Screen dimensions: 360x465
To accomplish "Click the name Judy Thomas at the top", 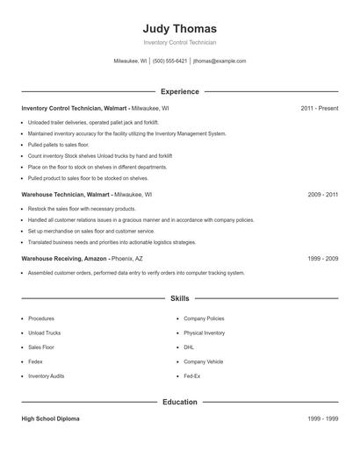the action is pyautogui.click(x=179, y=28).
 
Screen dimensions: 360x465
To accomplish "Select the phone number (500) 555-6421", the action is pyautogui.click(x=169, y=61).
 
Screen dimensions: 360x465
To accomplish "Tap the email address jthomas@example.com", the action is pyautogui.click(x=220, y=61).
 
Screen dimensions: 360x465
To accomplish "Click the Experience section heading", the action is pyautogui.click(x=179, y=91).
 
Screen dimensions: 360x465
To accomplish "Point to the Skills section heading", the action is pyautogui.click(x=179, y=298).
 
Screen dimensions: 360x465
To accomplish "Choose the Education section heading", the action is pyautogui.click(x=179, y=402).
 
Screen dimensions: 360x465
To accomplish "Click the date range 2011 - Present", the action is pyautogui.click(x=319, y=108).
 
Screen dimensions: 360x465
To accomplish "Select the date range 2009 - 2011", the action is pyautogui.click(x=322, y=194).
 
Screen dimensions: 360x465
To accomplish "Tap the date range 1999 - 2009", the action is pyautogui.click(x=322, y=259).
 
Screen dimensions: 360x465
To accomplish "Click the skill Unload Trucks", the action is pyautogui.click(x=44, y=333).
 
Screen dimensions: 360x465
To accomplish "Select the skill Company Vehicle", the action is pyautogui.click(x=203, y=361).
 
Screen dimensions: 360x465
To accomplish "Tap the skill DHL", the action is pyautogui.click(x=189, y=347).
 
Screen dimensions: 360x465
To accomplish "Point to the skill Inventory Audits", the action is pyautogui.click(x=46, y=376).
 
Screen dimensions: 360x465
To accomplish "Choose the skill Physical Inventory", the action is pyautogui.click(x=204, y=333).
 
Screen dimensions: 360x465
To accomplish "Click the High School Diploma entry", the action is pyautogui.click(x=50, y=419).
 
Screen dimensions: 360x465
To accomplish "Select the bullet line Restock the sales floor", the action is pyautogui.click(x=82, y=209).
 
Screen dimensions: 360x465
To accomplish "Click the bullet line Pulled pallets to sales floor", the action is pyautogui.click(x=58, y=144).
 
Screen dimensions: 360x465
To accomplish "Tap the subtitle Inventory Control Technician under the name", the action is pyautogui.click(x=179, y=42).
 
